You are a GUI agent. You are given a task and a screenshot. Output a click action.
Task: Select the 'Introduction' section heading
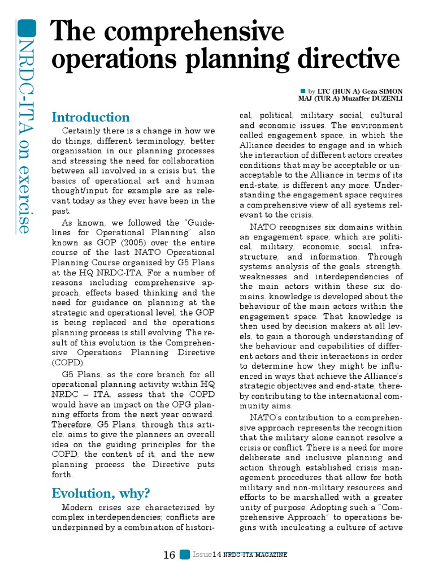tap(90, 117)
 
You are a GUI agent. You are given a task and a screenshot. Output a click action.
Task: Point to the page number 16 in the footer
tap(169, 555)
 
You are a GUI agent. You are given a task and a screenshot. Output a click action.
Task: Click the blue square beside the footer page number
tap(184, 555)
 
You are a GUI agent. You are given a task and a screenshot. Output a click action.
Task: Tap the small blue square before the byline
tap(303, 90)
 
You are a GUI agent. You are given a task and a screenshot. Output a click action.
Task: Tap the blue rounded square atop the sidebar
tap(27, 28)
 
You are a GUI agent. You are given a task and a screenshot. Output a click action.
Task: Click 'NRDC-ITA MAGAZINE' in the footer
tap(255, 555)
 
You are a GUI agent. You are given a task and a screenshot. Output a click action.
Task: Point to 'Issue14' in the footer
tap(206, 555)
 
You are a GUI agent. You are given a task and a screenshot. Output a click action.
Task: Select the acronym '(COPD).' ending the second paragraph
tap(68, 362)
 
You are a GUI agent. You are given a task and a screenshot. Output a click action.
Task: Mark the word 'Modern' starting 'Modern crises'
tap(78, 507)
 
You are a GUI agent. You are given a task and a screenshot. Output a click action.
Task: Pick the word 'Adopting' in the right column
tap(348, 507)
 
